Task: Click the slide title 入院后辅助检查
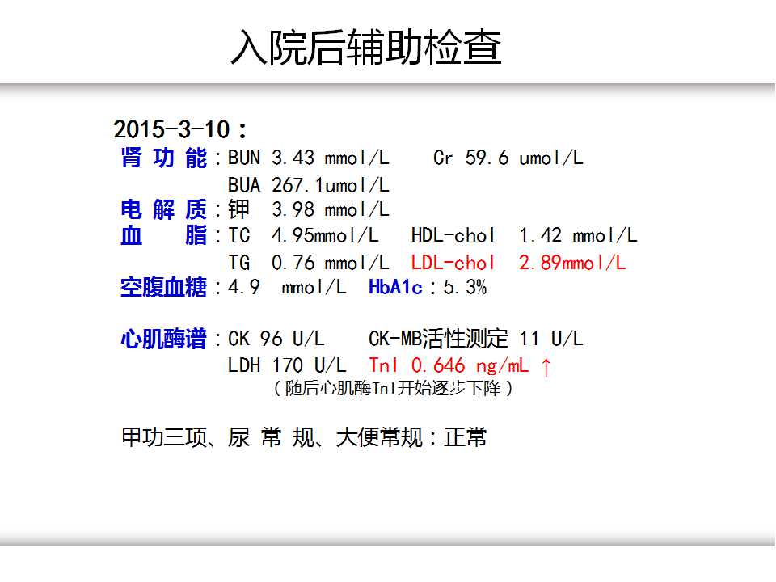[366, 48]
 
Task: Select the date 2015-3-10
[171, 129]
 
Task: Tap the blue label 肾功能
[164, 158]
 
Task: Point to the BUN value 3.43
[293, 158]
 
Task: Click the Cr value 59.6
[487, 158]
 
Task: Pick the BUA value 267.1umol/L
[330, 186]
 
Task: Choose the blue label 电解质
[164, 210]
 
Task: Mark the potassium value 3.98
[293, 210]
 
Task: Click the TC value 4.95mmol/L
[325, 235]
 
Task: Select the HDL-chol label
[453, 235]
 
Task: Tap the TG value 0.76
[293, 263]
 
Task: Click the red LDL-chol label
[453, 263]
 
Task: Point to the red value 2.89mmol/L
[572, 263]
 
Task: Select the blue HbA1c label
[395, 287]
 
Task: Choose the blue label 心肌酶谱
[163, 339]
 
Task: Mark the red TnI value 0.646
[438, 365]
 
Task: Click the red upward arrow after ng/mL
[546, 367]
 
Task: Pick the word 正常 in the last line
[466, 437]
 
